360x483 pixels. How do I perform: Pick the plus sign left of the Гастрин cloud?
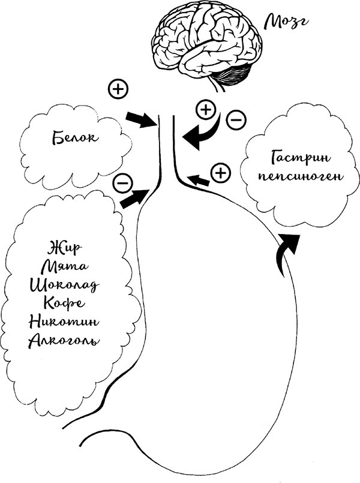coord(221,173)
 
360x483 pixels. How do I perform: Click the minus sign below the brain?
coord(236,119)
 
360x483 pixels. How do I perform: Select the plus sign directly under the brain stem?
coord(206,110)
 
